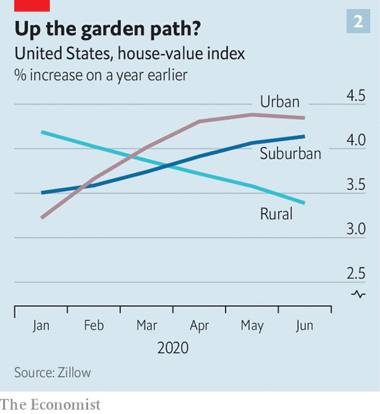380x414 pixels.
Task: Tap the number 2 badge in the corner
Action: (358, 22)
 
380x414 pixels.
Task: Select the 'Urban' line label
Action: (280, 101)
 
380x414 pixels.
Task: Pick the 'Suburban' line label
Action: (290, 153)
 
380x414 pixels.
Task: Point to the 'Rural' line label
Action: (276, 214)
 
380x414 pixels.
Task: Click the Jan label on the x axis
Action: (41, 326)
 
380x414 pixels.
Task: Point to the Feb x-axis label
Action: (94, 326)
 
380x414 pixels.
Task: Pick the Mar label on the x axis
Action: (147, 326)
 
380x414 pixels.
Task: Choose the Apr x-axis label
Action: (199, 326)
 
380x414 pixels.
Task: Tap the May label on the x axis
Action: (252, 326)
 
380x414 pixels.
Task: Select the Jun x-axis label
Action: (305, 326)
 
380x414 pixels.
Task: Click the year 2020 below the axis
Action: (173, 348)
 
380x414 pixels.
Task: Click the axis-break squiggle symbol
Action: (358, 294)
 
